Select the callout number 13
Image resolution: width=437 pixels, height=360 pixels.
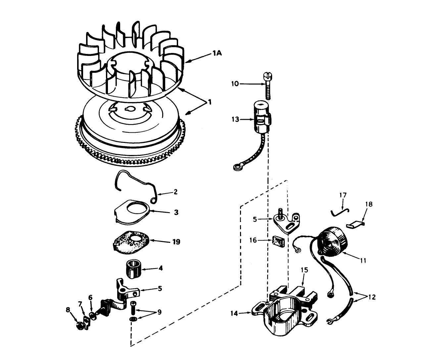tap(235, 119)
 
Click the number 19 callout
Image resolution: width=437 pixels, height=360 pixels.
tap(176, 242)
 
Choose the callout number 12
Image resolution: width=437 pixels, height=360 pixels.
tap(371, 297)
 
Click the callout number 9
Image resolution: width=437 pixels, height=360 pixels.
tap(159, 312)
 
